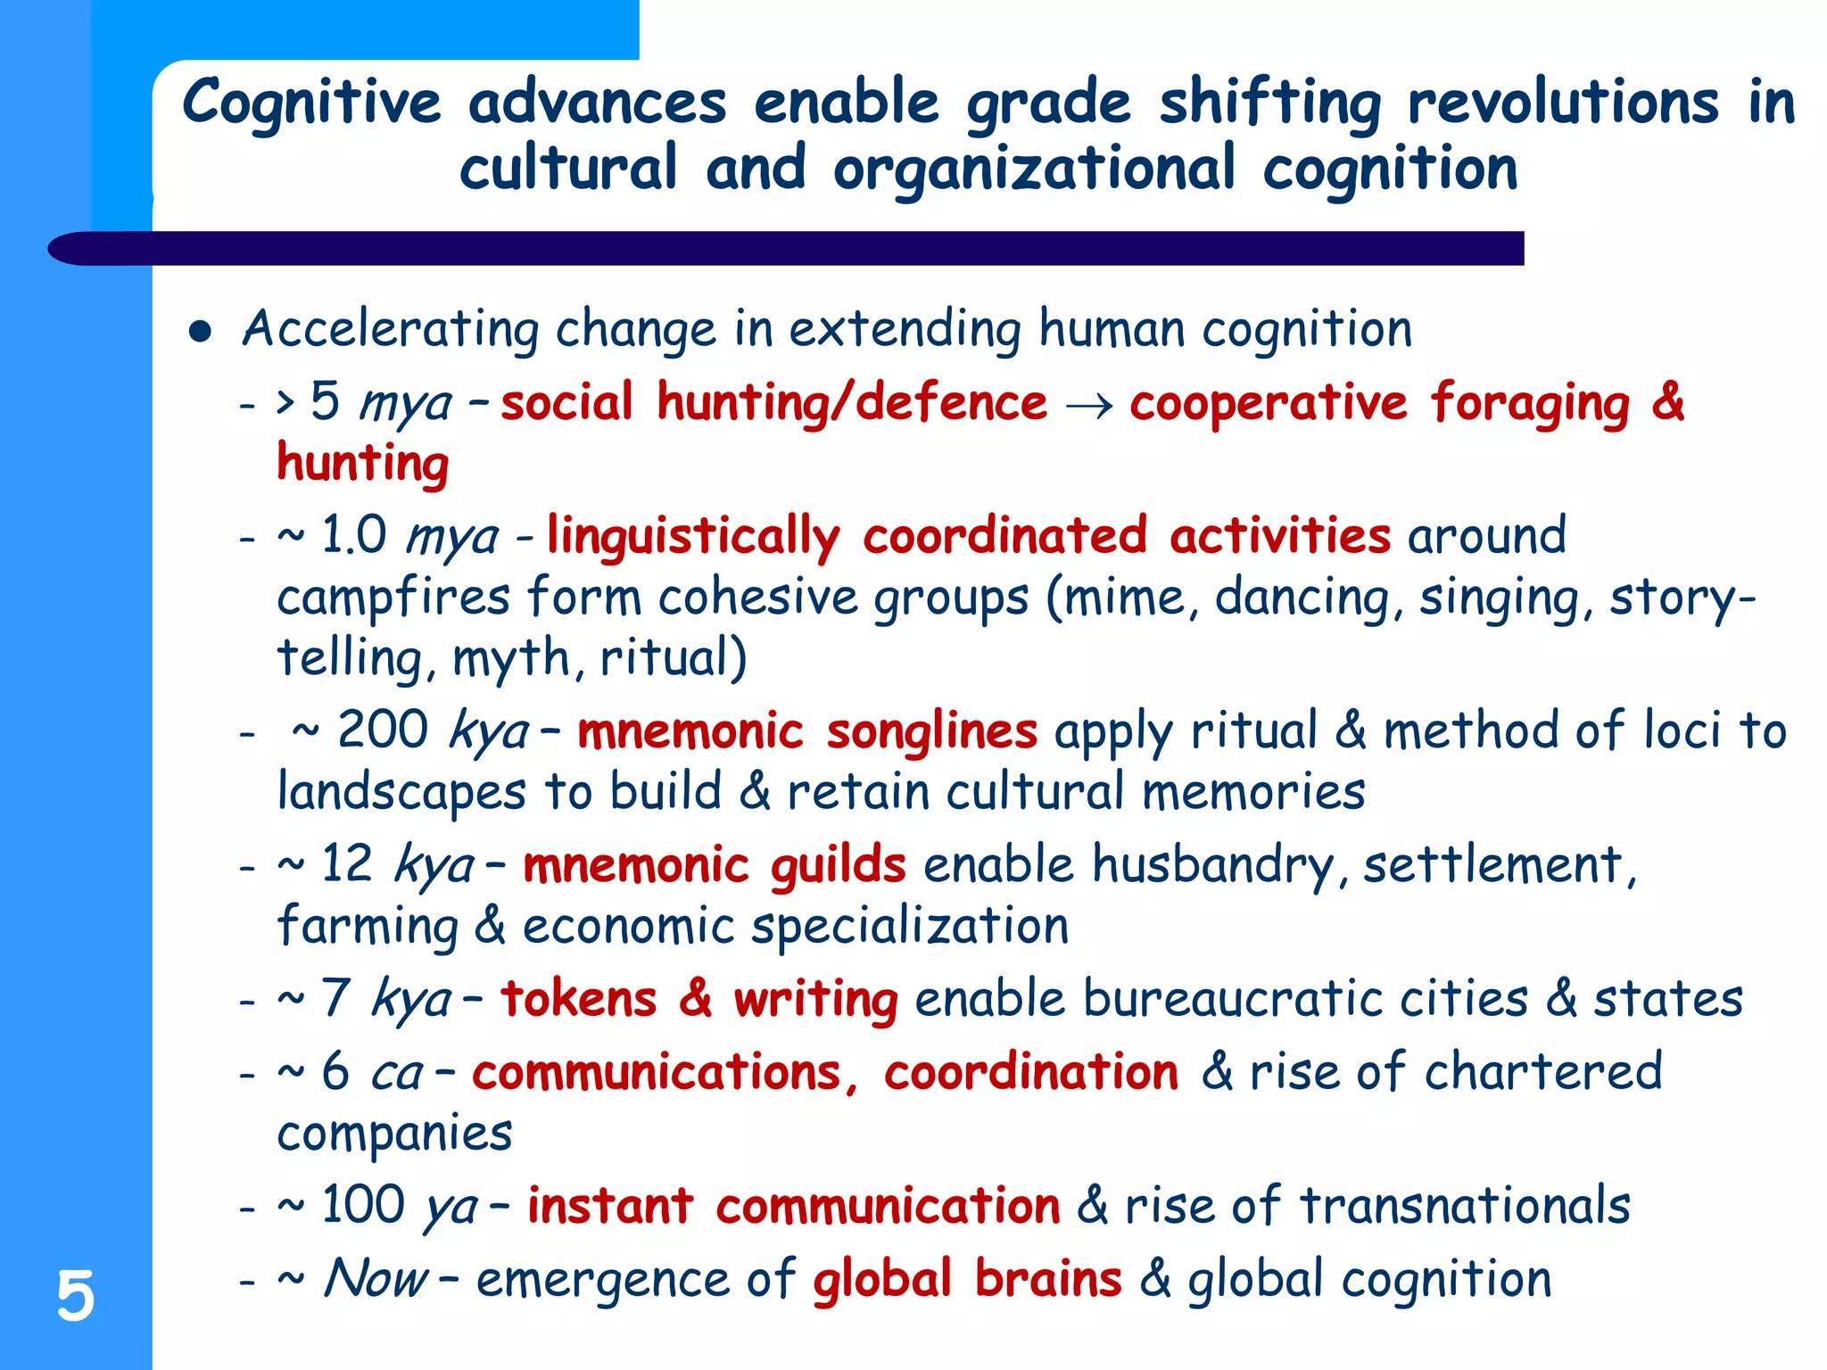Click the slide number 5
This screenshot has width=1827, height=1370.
75,1295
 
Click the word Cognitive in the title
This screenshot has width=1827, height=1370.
311,103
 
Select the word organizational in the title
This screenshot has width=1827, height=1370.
1034,170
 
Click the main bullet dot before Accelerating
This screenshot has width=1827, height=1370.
201,333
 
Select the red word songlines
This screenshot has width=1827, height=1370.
931,731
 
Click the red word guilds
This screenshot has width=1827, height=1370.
838,865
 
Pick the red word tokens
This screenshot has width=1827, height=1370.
579,999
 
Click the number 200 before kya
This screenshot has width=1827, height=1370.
383,730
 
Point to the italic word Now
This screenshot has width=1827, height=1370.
376,1278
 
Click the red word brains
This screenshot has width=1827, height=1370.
1048,1278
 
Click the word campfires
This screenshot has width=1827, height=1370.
393,597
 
